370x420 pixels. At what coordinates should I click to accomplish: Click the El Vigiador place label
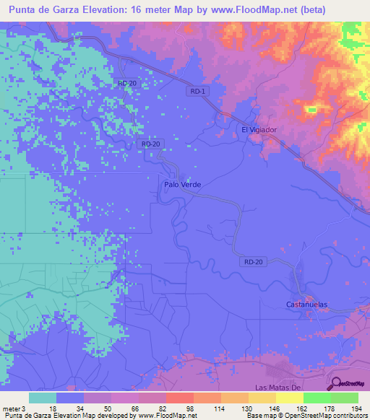tap(259, 130)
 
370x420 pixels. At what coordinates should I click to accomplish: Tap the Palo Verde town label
tap(182, 185)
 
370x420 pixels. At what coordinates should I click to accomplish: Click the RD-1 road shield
tap(198, 91)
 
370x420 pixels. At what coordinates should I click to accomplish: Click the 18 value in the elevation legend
tap(53, 409)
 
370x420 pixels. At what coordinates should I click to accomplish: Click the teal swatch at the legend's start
tap(43, 398)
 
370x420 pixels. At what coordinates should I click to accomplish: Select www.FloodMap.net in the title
tap(261, 10)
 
